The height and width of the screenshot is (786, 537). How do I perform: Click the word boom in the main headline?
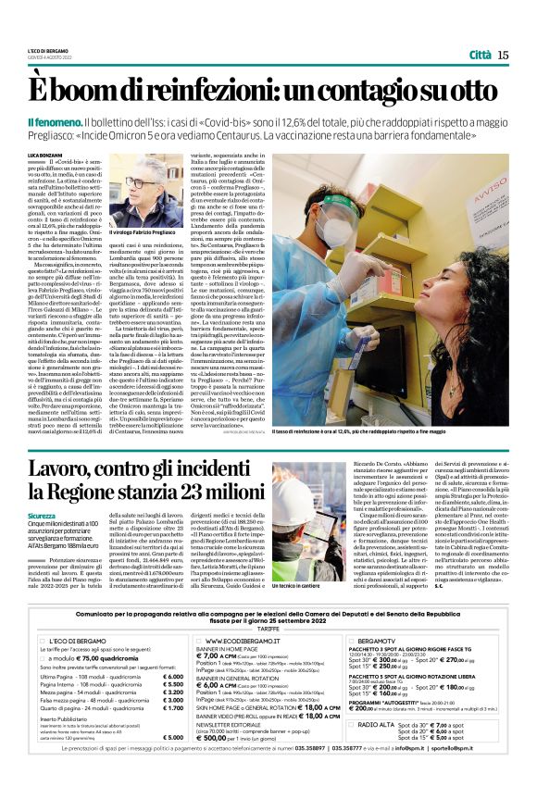94,91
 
